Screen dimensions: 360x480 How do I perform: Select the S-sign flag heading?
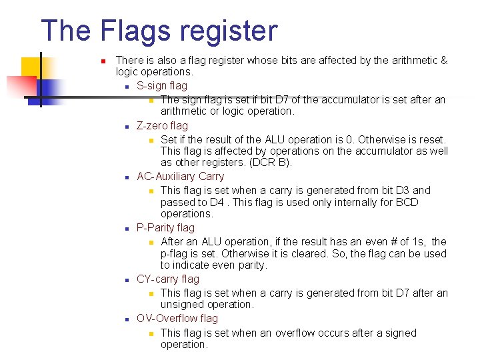click(162, 85)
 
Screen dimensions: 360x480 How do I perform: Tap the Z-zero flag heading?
click(162, 125)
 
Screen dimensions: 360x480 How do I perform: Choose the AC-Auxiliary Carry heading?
click(180, 177)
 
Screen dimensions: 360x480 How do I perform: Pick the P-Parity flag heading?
click(165, 228)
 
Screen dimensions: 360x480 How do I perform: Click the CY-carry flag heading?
click(167, 279)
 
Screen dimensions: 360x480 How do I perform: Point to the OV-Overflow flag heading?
click(177, 319)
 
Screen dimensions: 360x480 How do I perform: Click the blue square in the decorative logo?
click(51, 88)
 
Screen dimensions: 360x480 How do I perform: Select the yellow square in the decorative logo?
click(33, 67)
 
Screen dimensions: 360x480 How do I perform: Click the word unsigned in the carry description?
click(183, 305)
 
